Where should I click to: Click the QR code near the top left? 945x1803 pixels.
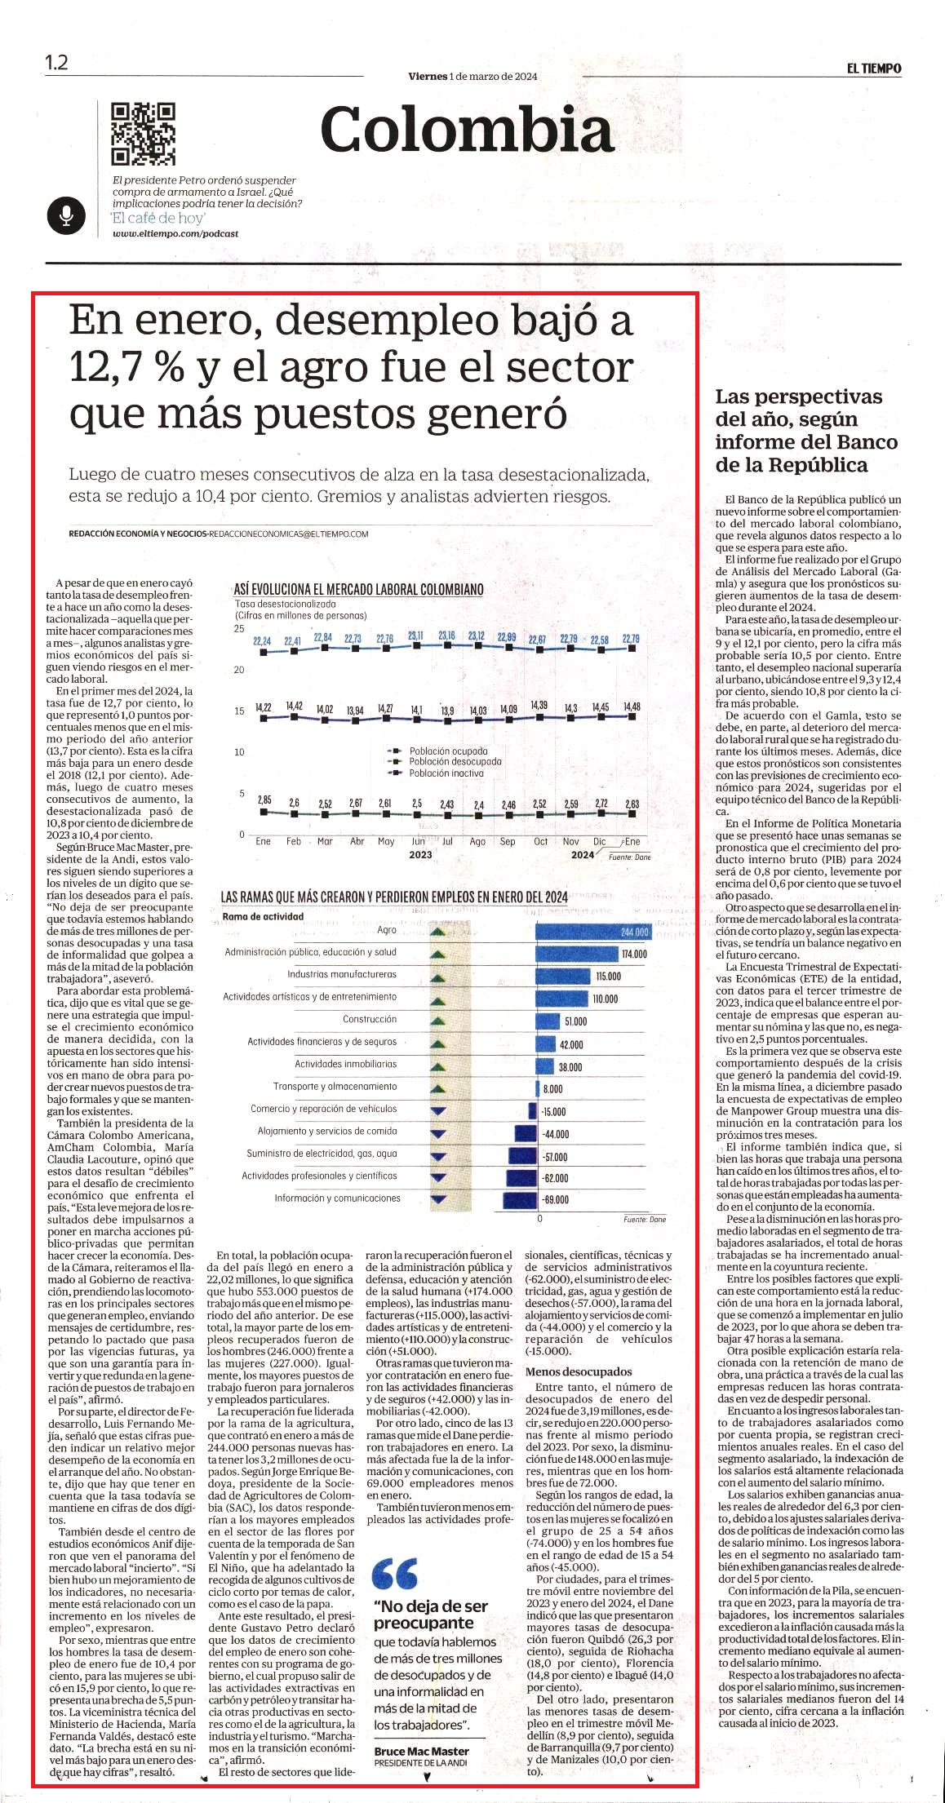pos(144,134)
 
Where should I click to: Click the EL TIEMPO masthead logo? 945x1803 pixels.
pos(874,69)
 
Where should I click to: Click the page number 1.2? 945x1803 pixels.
pos(56,63)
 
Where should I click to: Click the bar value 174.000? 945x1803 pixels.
pos(634,954)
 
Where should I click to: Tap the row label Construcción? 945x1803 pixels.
pos(370,1019)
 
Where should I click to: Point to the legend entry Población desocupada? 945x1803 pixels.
pos(455,761)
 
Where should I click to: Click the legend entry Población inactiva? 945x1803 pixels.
pos(446,773)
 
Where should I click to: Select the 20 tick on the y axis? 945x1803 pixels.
pos(239,670)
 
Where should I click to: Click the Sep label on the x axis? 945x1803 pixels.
pos(508,841)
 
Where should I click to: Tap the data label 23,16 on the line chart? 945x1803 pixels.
pos(446,636)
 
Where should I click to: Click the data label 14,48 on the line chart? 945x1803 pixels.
pos(631,707)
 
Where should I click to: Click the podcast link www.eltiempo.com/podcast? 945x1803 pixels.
pos(175,234)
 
